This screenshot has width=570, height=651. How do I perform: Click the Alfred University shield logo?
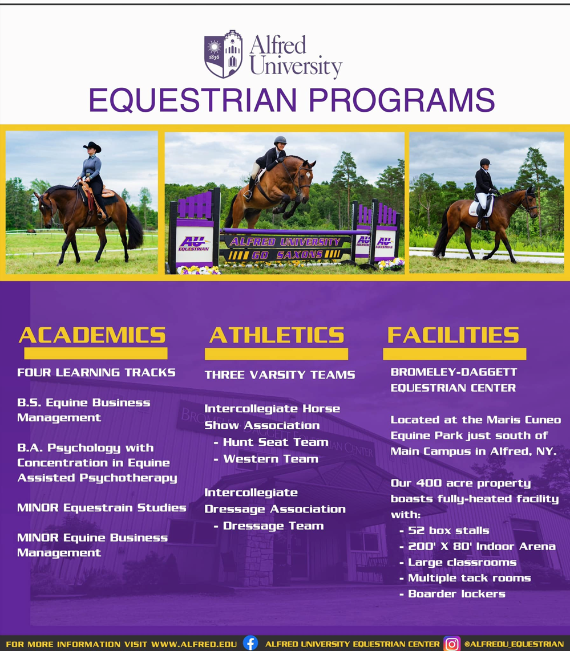click(x=223, y=54)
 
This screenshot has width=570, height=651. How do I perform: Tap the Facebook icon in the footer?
click(x=250, y=643)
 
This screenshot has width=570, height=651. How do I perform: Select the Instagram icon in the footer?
click(x=451, y=644)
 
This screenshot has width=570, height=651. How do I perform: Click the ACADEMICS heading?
click(x=92, y=335)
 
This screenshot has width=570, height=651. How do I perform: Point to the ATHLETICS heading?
click(x=277, y=335)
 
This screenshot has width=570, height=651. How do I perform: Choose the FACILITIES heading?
click(x=453, y=335)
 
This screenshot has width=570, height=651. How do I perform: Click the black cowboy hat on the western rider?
click(x=92, y=147)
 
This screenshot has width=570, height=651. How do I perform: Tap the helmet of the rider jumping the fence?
click(x=280, y=140)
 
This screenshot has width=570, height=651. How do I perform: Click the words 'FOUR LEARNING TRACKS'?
click(x=96, y=372)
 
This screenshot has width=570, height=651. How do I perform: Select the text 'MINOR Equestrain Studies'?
click(x=102, y=508)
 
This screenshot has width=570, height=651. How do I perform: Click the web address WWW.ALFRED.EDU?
click(x=194, y=644)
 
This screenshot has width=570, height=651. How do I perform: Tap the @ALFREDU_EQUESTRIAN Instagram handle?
click(x=514, y=644)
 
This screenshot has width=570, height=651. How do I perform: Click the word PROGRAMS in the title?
click(x=401, y=100)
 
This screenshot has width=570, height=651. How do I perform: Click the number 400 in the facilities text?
click(x=428, y=483)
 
